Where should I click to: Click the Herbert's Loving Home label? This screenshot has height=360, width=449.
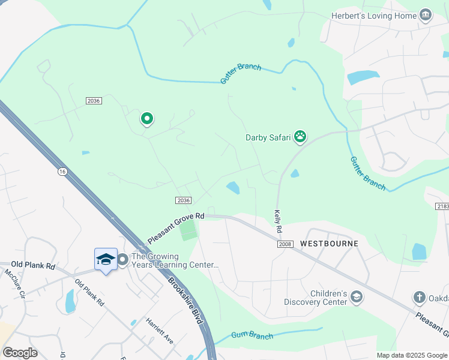point(373,16)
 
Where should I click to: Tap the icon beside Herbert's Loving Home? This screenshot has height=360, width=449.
point(426,15)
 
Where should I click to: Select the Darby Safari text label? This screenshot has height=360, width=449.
point(268,137)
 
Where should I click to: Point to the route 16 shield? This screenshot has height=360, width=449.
point(62,172)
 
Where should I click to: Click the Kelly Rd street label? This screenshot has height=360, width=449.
point(278,221)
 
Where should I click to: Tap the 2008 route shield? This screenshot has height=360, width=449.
point(285,244)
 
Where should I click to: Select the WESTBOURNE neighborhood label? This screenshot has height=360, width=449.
point(329,244)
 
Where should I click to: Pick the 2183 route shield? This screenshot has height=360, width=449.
point(442,206)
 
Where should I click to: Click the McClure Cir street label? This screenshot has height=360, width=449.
point(15,283)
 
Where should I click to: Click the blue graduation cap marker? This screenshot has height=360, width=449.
point(106,259)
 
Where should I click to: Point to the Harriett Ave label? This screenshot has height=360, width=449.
point(160,331)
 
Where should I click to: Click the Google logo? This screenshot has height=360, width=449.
point(20,353)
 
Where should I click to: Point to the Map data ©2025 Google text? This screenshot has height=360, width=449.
point(411,355)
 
